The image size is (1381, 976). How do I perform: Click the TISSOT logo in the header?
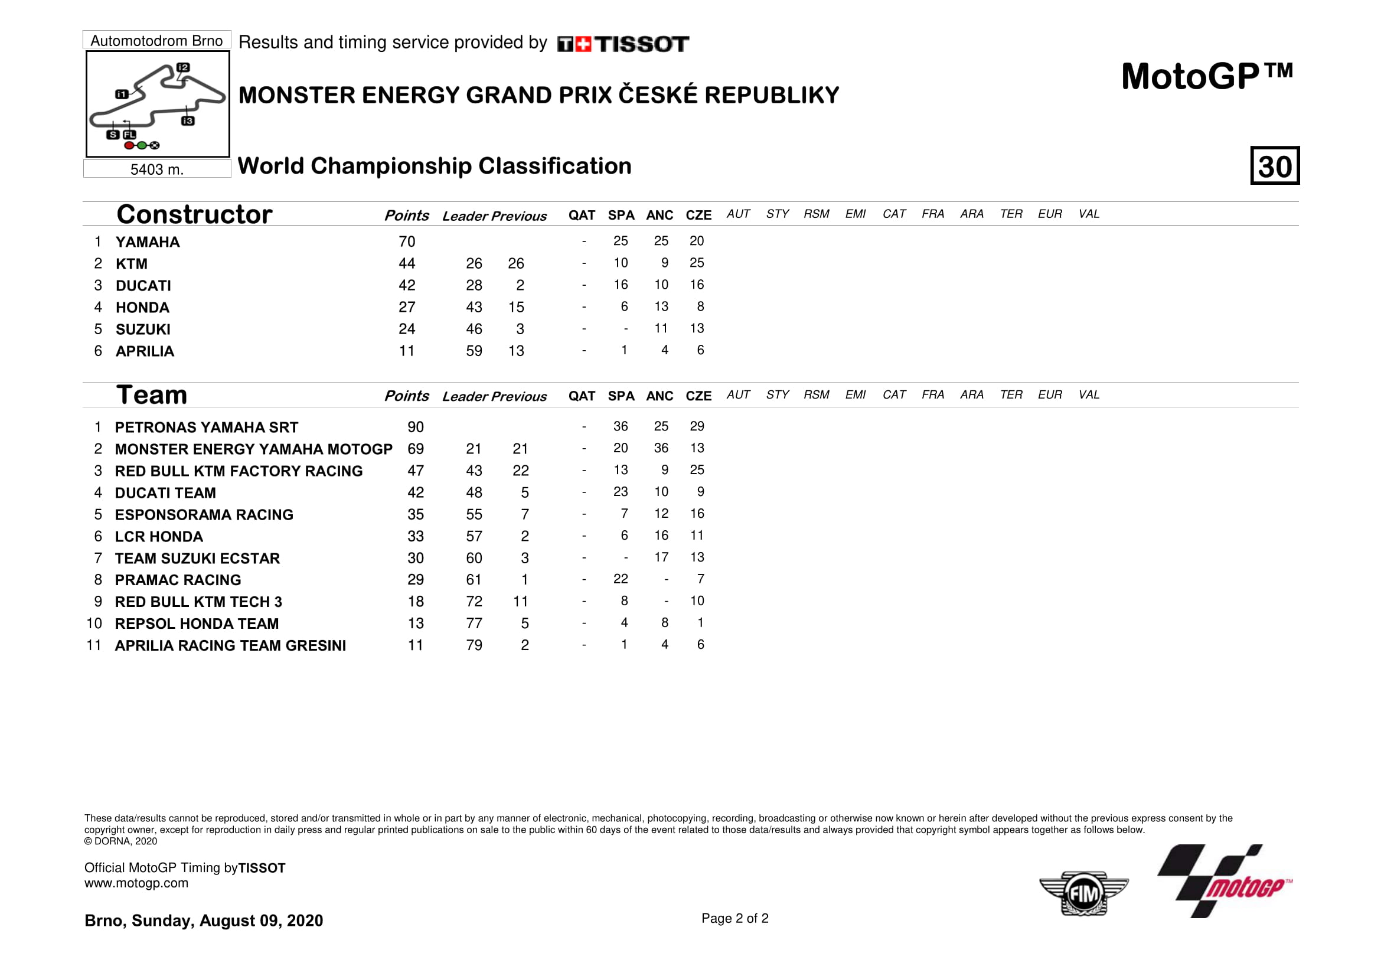(623, 44)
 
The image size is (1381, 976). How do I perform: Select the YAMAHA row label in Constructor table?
(148, 241)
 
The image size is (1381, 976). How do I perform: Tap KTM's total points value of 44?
(407, 263)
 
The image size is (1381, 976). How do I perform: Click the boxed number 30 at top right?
(1275, 165)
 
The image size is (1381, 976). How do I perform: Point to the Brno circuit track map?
(157, 103)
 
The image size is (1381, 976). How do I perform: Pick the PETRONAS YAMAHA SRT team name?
(206, 427)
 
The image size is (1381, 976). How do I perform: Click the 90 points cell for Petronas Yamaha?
(415, 427)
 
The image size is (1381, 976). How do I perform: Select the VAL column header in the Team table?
(1089, 394)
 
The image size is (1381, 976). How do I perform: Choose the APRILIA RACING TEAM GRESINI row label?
(230, 645)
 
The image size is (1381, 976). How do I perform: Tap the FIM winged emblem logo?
(1083, 893)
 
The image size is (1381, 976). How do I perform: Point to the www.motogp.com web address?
(136, 883)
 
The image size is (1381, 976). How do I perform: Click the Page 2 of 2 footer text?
(734, 918)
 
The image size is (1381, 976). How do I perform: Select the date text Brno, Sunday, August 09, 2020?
(203, 920)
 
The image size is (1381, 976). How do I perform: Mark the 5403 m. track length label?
(157, 169)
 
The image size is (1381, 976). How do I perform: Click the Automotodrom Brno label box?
(156, 40)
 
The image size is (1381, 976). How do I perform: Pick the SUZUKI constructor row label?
(143, 329)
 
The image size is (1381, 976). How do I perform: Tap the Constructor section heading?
(194, 214)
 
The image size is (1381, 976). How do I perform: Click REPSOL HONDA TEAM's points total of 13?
(415, 624)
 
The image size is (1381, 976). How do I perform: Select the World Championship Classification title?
(435, 166)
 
